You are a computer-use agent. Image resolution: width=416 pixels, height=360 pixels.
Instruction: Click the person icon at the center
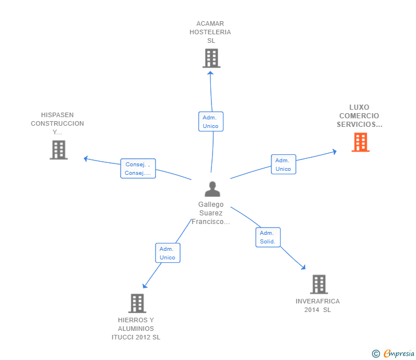[x=212, y=189]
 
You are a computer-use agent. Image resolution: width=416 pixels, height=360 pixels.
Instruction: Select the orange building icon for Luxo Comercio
[x=360, y=142]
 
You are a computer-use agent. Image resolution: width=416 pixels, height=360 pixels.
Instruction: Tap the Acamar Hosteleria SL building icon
[x=211, y=58]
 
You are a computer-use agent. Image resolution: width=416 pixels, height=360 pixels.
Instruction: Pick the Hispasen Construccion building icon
[x=58, y=150]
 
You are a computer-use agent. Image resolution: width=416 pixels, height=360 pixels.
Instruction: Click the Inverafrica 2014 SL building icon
[x=318, y=284]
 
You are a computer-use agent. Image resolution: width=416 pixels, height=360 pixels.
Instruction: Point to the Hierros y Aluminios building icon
[x=137, y=303]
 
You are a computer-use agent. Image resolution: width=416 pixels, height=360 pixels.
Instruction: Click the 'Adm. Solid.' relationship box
[x=267, y=237]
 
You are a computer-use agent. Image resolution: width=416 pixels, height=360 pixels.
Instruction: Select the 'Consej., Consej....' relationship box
[x=138, y=169]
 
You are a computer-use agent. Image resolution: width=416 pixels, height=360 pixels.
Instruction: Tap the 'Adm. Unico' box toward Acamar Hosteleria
[x=210, y=121]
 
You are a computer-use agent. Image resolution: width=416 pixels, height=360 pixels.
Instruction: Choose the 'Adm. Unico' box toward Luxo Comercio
[x=283, y=164]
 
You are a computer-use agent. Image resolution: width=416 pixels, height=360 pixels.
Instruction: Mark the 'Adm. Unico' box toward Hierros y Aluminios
[x=167, y=253]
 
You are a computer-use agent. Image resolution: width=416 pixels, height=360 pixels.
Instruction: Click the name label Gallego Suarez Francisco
[x=211, y=213]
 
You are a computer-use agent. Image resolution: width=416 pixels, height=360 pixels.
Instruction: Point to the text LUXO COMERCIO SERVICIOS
[x=359, y=116]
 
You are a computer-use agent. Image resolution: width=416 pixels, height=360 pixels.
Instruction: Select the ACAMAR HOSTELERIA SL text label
[x=210, y=32]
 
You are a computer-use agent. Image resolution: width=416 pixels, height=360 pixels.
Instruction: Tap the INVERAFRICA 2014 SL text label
[x=318, y=305]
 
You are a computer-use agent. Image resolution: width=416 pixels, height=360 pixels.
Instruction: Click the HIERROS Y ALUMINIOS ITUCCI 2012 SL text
[x=136, y=329]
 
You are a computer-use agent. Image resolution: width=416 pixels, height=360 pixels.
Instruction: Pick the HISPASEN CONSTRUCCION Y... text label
[x=57, y=123]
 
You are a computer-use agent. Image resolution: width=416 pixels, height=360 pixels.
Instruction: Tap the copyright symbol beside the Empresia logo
[x=375, y=354]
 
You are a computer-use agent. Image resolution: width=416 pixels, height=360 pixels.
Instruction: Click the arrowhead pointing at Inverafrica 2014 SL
[x=303, y=267]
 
